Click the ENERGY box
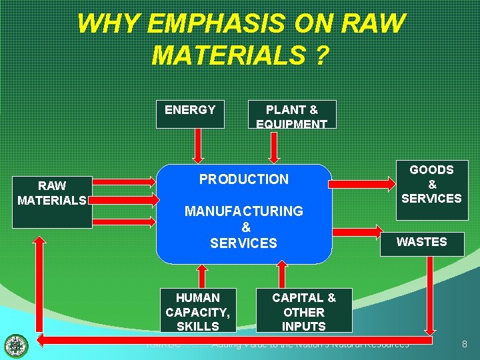pos(190,113)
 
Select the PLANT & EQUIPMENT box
pos(291,115)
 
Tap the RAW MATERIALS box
pos(52,194)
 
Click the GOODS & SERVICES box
pos(431,185)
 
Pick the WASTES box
pos(421,242)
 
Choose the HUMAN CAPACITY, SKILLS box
pos(197,311)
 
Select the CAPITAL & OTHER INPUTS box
pos(303,311)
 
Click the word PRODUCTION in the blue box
pos(244,179)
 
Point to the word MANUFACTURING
pos(244,211)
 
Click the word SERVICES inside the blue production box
pos(243,243)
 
